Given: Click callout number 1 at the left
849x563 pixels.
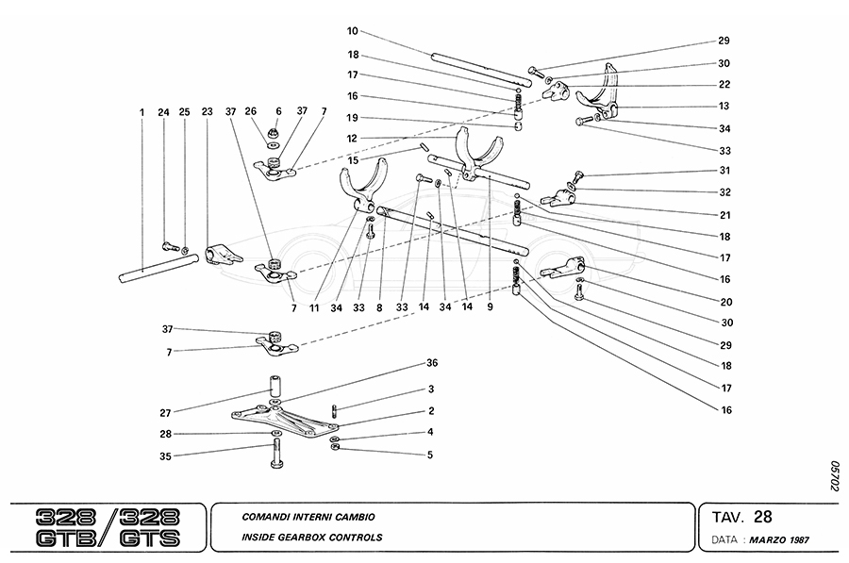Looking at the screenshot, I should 141,113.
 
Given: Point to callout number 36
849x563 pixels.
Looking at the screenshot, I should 433,363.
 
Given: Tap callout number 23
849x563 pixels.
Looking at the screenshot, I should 207,113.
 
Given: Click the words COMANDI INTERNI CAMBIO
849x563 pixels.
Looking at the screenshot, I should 308,517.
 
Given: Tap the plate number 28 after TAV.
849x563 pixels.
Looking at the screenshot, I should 762,517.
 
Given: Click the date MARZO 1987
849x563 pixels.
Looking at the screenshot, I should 779,540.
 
